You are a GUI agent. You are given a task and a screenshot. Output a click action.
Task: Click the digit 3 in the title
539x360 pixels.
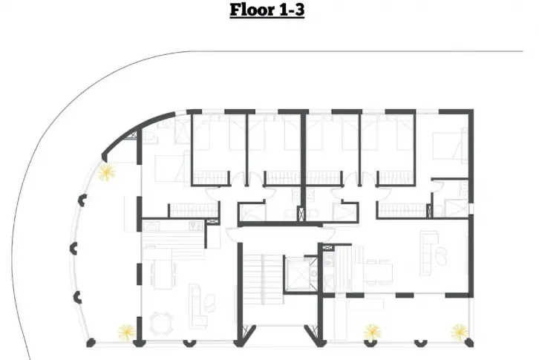tap(299, 10)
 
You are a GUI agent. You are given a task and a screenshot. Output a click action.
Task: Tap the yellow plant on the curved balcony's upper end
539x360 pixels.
tap(106, 172)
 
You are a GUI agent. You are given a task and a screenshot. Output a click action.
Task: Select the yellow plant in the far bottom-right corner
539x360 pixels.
tap(460, 332)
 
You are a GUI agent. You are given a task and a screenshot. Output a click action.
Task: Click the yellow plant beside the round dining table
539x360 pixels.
tap(126, 333)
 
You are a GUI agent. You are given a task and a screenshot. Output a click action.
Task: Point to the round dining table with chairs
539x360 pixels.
tap(162, 324)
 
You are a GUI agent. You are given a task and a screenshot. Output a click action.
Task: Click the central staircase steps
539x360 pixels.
tap(263, 279)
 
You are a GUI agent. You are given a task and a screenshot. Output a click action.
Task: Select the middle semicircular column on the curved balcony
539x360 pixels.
tap(73, 248)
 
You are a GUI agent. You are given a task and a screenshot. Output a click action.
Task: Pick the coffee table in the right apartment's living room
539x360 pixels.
tap(441, 257)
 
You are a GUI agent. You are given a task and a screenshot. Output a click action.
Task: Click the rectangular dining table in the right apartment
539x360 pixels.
tap(378, 272)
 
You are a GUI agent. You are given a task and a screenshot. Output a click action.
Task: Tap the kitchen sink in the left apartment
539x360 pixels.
tap(196, 226)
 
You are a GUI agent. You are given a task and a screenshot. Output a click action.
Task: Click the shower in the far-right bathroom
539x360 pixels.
tap(457, 208)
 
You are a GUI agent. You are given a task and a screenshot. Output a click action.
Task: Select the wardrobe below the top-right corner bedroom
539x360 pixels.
tap(403, 210)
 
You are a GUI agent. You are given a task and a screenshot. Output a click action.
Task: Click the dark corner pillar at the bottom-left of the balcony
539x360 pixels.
tap(91, 342)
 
